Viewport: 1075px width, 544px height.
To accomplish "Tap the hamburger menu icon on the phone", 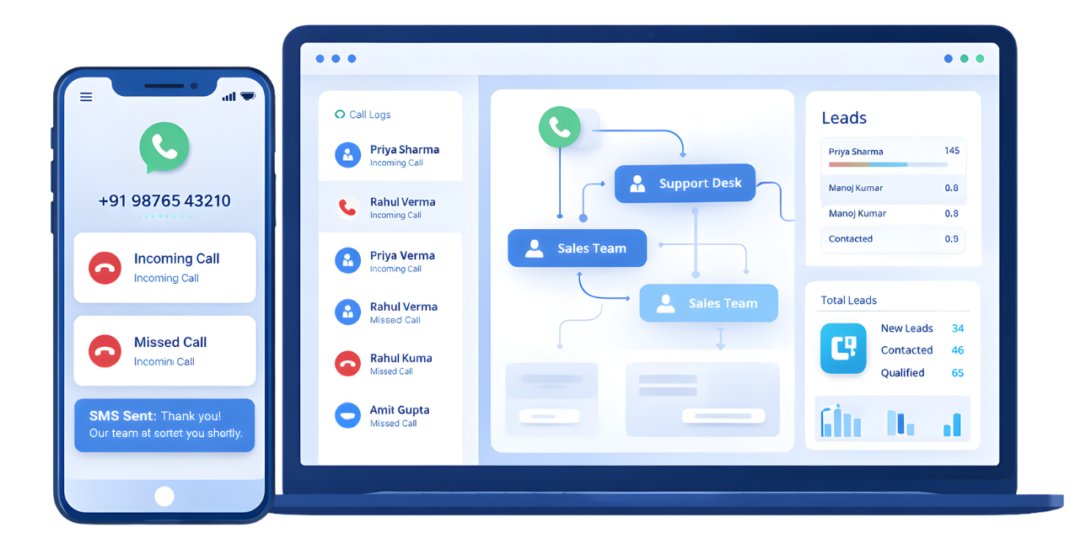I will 86,97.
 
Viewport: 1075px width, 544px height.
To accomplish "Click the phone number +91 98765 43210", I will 164,201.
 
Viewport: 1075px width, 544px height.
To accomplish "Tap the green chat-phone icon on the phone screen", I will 164,147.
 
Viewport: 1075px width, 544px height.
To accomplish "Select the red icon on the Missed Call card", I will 105,351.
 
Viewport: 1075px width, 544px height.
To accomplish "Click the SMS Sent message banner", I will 164,424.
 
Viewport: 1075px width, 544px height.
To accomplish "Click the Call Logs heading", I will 369,115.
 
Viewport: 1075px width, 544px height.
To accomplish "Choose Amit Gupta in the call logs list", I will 399,411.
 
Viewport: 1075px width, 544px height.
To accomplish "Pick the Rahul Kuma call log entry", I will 400,359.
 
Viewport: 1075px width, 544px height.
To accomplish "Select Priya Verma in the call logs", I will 402,256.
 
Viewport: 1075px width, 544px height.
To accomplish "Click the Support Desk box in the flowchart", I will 685,184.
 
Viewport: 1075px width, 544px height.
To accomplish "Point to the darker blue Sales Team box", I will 577,248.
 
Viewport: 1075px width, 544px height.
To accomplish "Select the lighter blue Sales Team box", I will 708,303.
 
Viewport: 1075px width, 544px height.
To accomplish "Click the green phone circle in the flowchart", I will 560,127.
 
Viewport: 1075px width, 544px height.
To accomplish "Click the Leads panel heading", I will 844,118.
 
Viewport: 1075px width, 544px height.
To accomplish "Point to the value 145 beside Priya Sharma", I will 952,151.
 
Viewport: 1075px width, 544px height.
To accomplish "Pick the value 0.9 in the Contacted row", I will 951,239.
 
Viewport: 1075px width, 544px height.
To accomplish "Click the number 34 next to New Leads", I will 958,328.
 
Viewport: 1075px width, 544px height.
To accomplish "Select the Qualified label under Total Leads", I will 902,373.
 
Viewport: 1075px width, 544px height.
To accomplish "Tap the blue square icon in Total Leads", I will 843,348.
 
